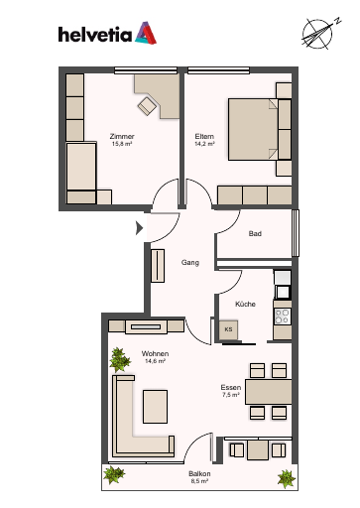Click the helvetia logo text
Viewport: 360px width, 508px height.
click(x=95, y=35)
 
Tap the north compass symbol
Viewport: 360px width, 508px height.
click(x=319, y=34)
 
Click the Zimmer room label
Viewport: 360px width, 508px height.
click(x=122, y=136)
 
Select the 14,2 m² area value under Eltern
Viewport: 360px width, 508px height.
click(x=205, y=144)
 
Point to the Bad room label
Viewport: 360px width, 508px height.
click(x=255, y=233)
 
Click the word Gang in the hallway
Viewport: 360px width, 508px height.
click(x=190, y=263)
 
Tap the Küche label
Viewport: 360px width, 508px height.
click(x=245, y=304)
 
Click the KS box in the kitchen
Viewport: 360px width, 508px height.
click(x=228, y=329)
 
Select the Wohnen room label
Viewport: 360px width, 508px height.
click(x=155, y=353)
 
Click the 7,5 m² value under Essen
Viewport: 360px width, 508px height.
click(x=231, y=395)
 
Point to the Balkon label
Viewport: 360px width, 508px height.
click(x=199, y=474)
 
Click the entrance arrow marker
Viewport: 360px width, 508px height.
click(x=139, y=228)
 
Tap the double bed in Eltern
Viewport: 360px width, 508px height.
click(x=253, y=129)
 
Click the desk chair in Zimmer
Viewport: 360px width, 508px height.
click(x=147, y=106)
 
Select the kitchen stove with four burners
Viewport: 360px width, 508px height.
click(x=283, y=317)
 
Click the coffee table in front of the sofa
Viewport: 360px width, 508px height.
click(x=155, y=407)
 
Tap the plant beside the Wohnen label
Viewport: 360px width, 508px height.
click(x=119, y=359)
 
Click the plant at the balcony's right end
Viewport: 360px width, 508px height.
click(x=287, y=478)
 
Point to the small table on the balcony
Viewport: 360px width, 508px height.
click(x=258, y=449)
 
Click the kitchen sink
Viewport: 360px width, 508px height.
click(x=283, y=292)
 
